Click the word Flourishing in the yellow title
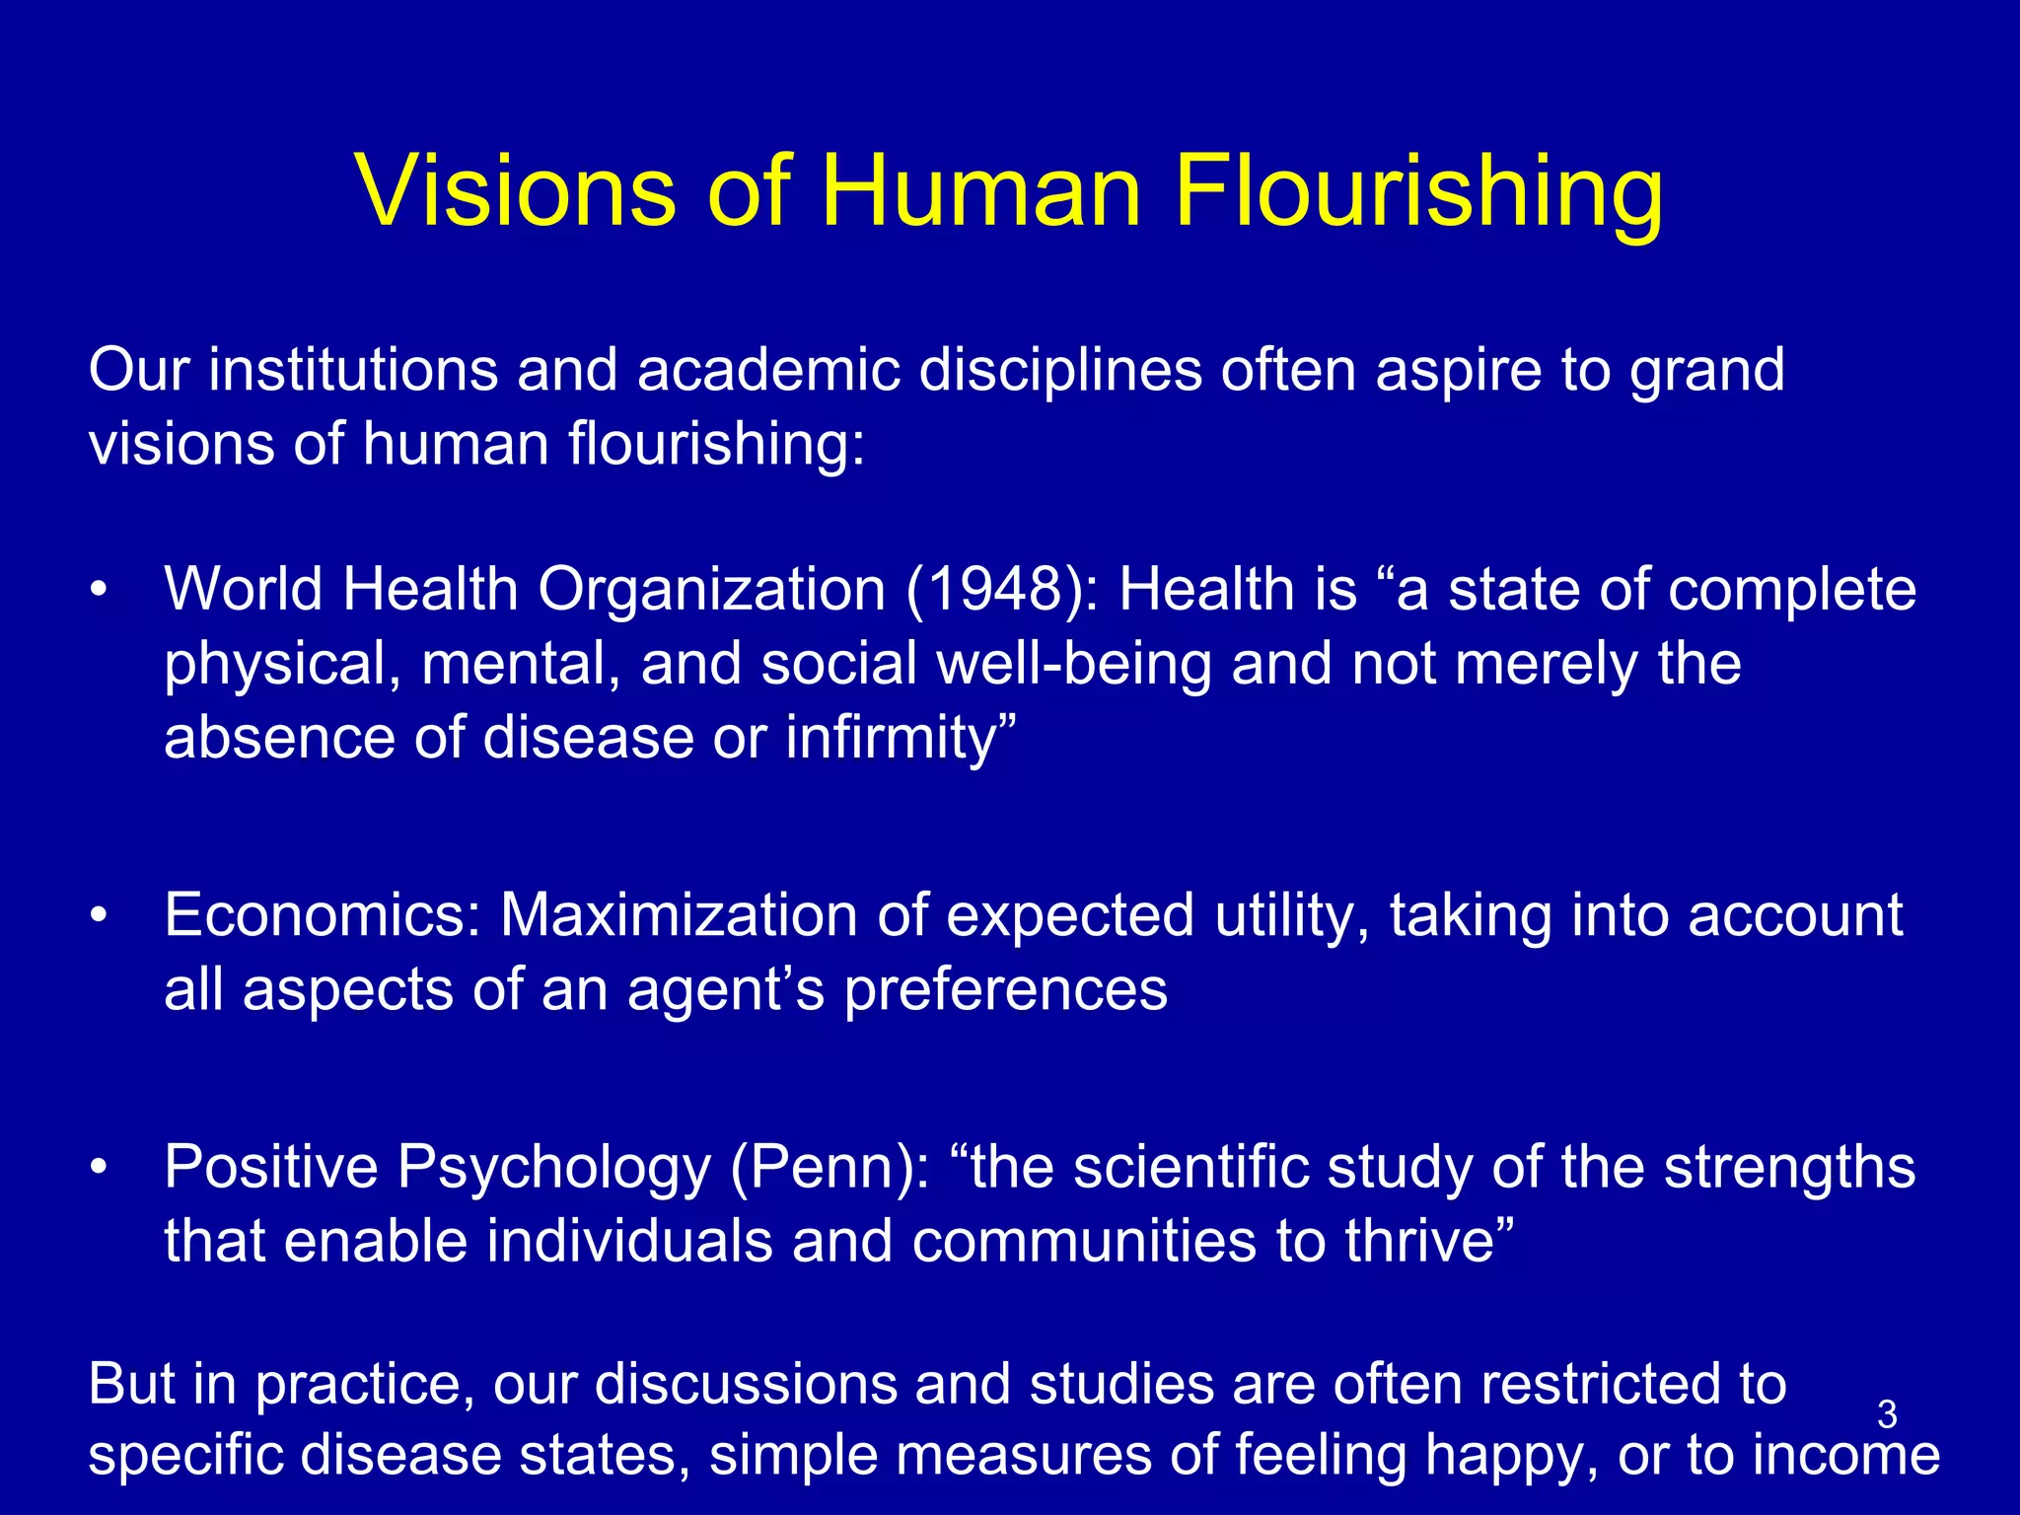point(1418,191)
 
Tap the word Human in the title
point(980,191)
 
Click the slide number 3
point(1887,1414)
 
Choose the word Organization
point(711,590)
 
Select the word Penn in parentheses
point(830,1168)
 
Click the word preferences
point(1005,990)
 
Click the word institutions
point(352,370)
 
